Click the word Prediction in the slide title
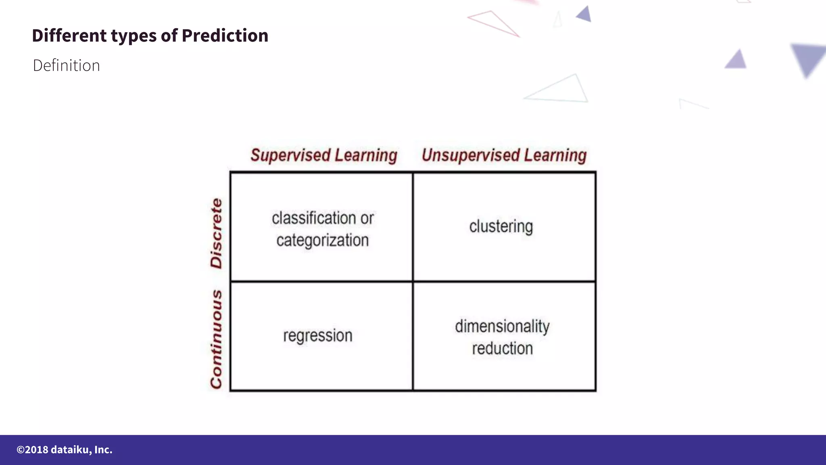click(x=225, y=36)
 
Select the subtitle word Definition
click(x=67, y=65)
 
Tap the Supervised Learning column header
click(x=324, y=155)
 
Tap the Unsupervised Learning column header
click(x=504, y=155)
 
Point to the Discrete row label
click(x=217, y=233)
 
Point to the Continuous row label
click(x=217, y=339)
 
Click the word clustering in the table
click(x=501, y=226)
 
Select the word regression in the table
click(x=318, y=336)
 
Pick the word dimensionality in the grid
click(x=502, y=326)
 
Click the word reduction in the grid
click(x=503, y=348)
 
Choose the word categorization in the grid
click(x=323, y=241)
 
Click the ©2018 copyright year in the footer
click(x=32, y=450)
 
